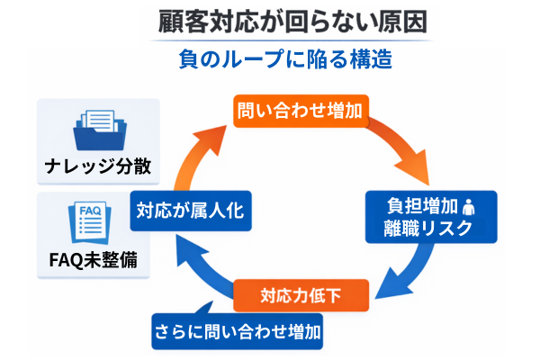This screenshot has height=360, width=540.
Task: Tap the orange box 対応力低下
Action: click(301, 295)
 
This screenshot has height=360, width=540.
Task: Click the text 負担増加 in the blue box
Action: click(410, 204)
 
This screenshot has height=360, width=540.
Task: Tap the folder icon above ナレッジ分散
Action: click(98, 130)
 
